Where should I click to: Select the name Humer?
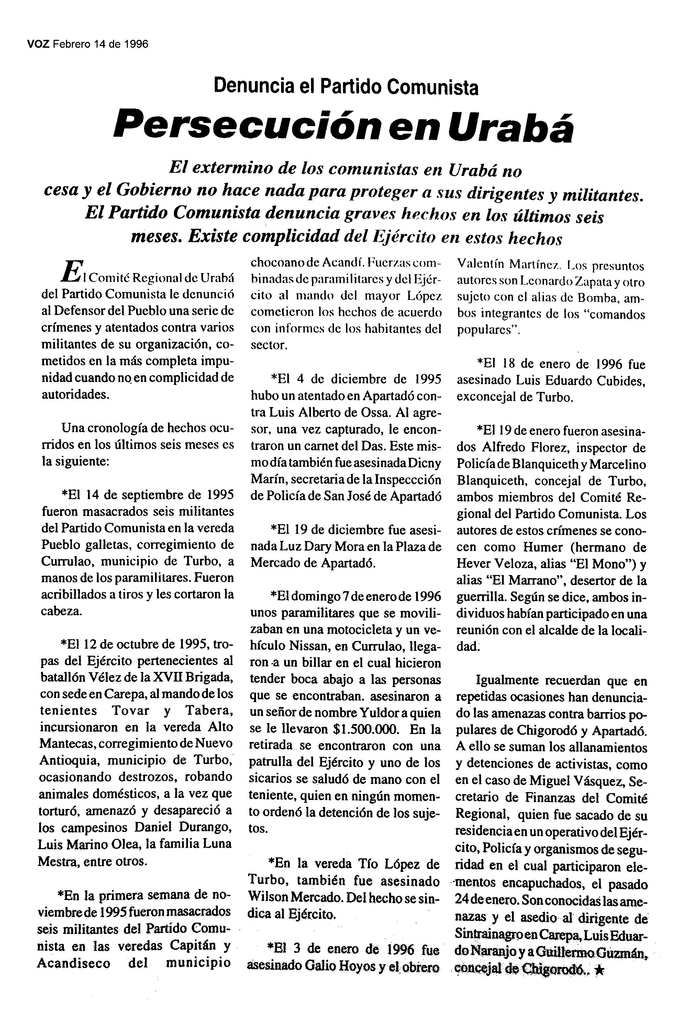click(543, 548)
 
